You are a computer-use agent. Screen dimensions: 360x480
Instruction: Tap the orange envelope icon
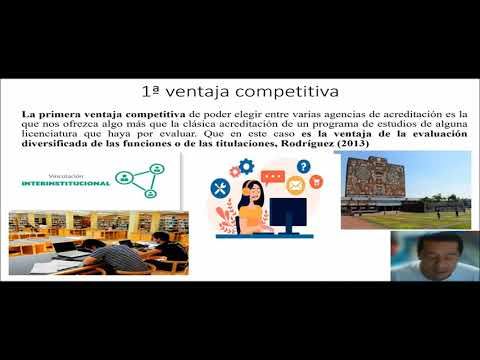tap(296, 185)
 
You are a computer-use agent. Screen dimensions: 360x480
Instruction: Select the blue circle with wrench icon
tap(221, 187)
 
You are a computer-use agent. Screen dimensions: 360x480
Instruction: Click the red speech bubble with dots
tap(273, 177)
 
